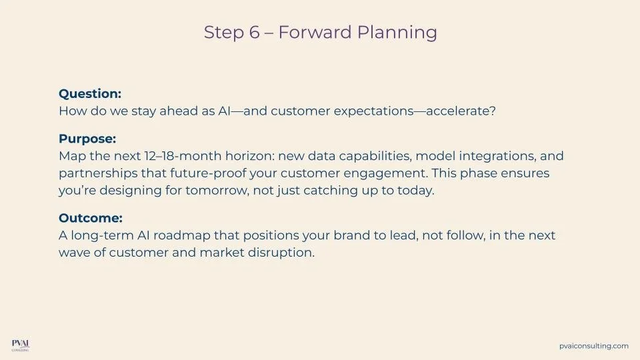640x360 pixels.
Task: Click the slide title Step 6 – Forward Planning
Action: (x=321, y=33)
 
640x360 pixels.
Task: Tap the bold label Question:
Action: (x=90, y=94)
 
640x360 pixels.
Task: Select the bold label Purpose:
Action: (x=87, y=139)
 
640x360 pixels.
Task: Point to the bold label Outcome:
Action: (x=91, y=218)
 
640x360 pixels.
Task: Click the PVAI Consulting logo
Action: (x=21, y=345)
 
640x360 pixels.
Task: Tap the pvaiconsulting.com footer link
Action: (x=594, y=346)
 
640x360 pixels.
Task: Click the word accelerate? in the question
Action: (x=461, y=111)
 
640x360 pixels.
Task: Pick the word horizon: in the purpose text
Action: (x=250, y=156)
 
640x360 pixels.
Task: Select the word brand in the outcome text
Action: (x=349, y=235)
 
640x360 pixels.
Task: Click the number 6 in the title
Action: (x=254, y=33)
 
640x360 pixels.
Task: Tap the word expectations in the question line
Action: (x=374, y=111)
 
